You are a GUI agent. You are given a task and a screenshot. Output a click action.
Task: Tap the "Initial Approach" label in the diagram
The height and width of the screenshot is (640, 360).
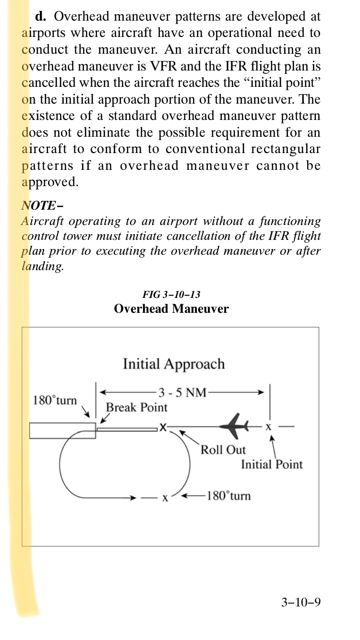(174, 364)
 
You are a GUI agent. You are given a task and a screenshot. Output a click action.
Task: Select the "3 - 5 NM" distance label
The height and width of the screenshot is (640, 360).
(182, 392)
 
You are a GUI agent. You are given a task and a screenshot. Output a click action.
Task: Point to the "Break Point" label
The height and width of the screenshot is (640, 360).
(137, 407)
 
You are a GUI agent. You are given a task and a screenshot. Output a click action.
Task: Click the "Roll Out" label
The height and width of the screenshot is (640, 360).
(223, 450)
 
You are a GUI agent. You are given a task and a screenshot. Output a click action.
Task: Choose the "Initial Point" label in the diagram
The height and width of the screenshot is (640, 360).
(272, 464)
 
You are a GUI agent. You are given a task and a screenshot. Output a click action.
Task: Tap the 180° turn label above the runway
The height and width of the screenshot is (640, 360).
(55, 400)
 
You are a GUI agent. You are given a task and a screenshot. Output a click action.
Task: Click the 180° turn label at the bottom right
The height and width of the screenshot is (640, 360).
(228, 496)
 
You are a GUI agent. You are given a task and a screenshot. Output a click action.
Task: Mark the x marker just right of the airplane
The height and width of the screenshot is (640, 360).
(269, 426)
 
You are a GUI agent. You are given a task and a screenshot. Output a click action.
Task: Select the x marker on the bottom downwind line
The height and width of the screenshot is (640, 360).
(165, 498)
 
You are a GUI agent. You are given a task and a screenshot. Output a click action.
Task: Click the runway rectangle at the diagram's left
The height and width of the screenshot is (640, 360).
(62, 430)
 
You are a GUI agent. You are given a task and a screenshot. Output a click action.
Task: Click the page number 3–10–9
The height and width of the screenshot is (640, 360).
(301, 602)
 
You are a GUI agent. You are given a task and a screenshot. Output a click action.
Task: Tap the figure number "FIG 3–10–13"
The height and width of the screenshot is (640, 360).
(171, 295)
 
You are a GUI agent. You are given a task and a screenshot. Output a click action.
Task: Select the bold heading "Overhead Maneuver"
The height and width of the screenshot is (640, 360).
(171, 308)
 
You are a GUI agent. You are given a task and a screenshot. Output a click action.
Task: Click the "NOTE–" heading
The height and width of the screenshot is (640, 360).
(43, 205)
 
